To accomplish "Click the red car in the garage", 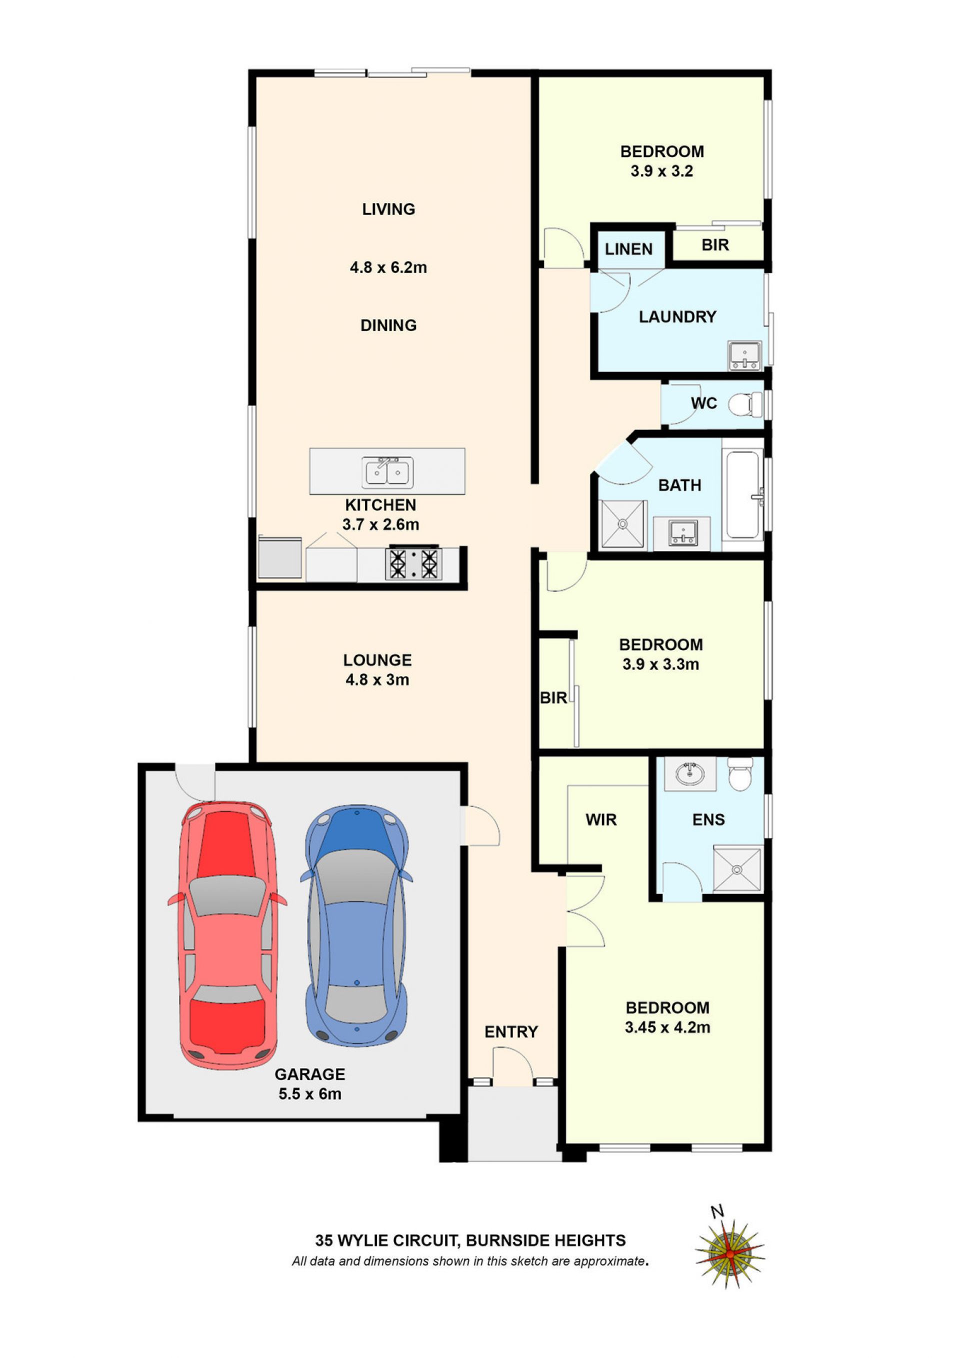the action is click(227, 935).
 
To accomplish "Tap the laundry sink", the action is click(744, 355).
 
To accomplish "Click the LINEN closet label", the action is click(629, 249).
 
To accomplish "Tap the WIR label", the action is click(601, 819).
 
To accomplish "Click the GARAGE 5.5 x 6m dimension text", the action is click(310, 1093).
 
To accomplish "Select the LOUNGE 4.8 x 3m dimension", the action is click(377, 679).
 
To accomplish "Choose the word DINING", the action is click(388, 325).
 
